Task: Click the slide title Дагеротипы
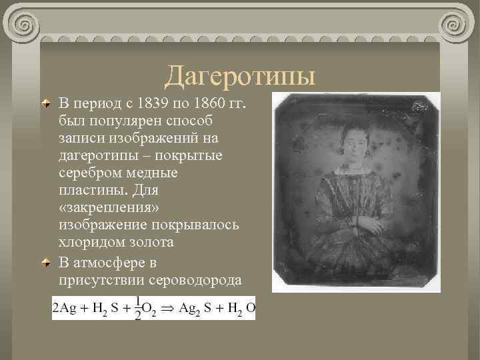[x=240, y=76]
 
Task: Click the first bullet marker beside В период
[x=45, y=105]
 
